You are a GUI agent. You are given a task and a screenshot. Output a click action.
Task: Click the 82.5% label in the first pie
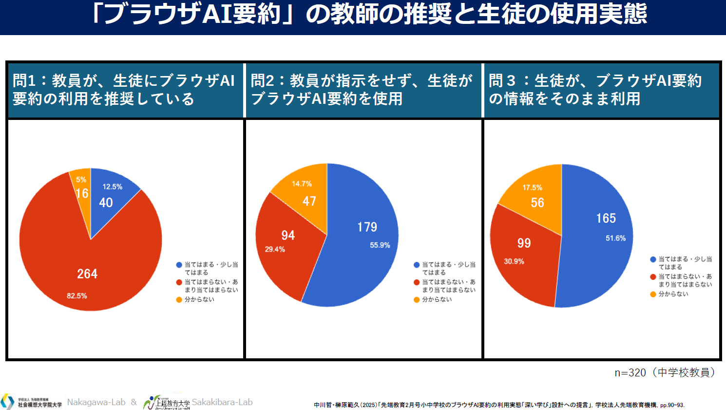tap(77, 296)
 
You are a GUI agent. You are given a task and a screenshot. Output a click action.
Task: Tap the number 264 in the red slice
tap(87, 274)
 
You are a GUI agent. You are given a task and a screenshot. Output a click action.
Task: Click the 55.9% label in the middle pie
tap(380, 245)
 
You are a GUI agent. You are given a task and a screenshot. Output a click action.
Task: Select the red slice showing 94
tap(285, 244)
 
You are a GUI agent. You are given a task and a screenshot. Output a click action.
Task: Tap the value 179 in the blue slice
tap(367, 227)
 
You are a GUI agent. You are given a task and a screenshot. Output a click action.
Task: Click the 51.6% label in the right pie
tap(615, 238)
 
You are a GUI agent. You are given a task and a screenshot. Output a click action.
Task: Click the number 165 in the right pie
tap(606, 218)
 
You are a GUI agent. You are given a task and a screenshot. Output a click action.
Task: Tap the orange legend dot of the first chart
tap(179, 300)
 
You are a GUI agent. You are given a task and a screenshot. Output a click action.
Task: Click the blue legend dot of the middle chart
tap(417, 265)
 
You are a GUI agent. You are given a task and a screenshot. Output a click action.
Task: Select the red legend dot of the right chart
tap(653, 277)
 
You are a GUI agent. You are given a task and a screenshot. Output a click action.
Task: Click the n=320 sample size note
tap(666, 373)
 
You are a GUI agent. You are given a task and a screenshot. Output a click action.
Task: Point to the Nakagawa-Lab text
tap(96, 402)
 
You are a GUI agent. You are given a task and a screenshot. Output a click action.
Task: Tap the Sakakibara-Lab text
tap(222, 402)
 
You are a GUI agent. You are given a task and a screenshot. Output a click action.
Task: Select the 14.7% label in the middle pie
tap(302, 184)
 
